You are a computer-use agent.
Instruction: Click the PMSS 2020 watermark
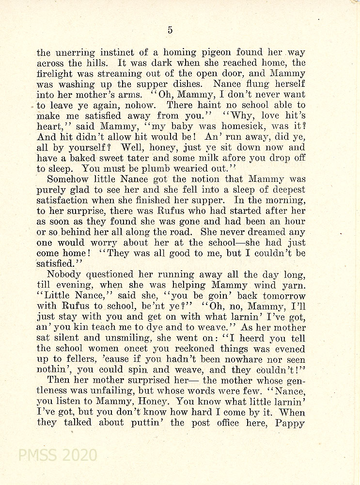click(58, 455)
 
